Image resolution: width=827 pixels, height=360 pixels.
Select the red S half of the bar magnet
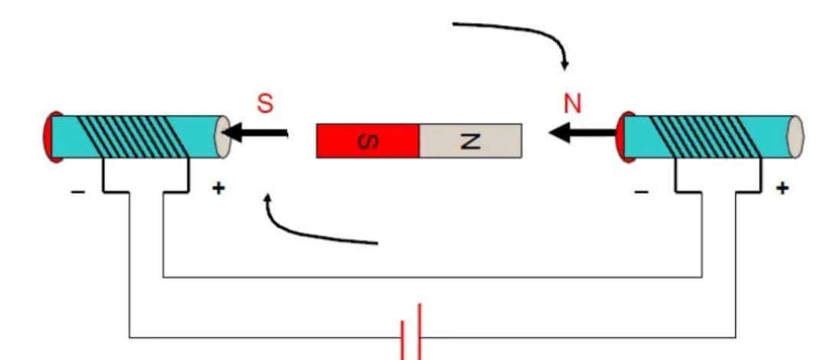[x=367, y=141]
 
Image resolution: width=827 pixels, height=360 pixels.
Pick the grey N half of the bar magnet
[x=471, y=141]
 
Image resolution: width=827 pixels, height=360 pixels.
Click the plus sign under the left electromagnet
[x=218, y=188]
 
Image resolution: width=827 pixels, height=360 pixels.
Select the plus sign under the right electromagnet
[x=781, y=188]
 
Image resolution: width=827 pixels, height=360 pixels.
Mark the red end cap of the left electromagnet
[x=50, y=137]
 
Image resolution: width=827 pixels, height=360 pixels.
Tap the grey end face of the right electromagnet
[x=796, y=137]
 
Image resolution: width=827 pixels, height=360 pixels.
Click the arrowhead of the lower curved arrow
[x=267, y=201]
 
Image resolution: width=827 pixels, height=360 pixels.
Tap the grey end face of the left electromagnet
[x=223, y=137]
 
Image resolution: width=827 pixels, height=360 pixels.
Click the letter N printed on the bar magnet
[x=471, y=141]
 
